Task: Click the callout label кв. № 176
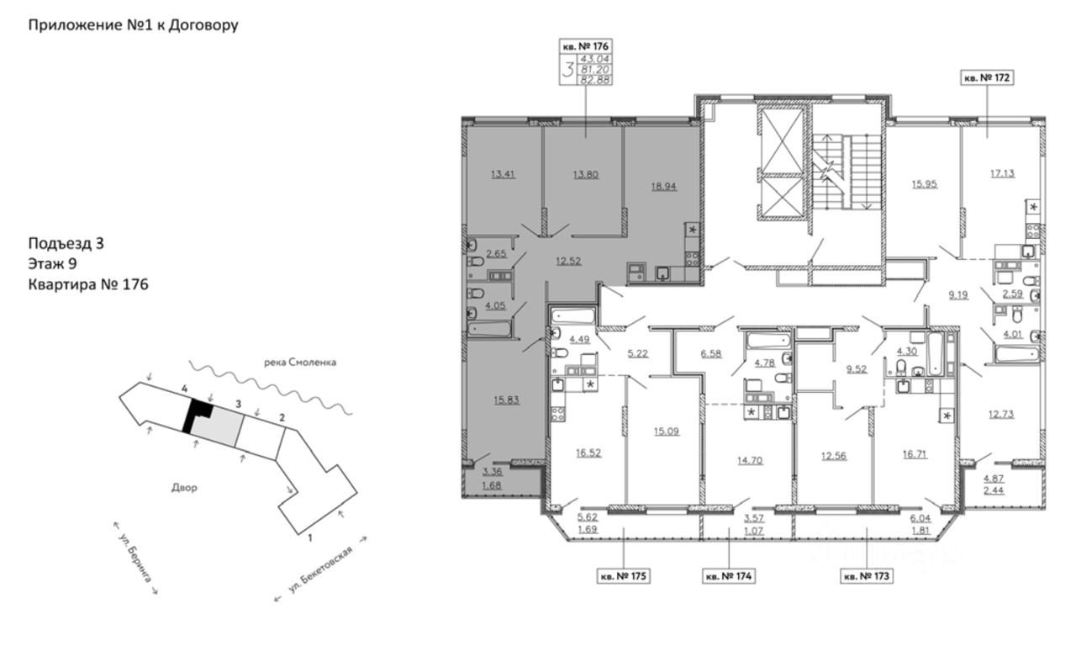(586, 46)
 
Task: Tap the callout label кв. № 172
(987, 77)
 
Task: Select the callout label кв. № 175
(623, 576)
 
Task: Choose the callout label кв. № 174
(729, 576)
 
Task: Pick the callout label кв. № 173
(867, 576)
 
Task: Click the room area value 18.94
(664, 186)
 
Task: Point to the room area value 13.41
(503, 174)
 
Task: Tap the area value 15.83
(506, 400)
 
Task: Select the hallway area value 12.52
(568, 261)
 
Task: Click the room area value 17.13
(1003, 173)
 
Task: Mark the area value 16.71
(915, 453)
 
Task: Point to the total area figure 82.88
(595, 80)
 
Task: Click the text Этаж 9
(52, 263)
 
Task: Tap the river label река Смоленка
(300, 363)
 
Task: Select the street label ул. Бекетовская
(321, 569)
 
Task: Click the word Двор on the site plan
(184, 488)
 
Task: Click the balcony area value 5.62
(588, 517)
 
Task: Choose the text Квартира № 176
(88, 284)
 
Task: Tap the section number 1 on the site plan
(310, 537)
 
